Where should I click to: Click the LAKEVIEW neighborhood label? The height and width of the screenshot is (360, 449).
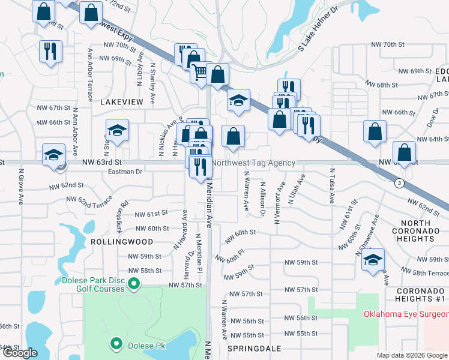tap(122, 103)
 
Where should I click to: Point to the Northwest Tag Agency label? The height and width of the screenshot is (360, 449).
tap(254, 163)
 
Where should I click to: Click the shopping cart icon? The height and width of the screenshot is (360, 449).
tap(199, 73)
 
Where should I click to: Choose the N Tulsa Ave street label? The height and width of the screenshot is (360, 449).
tap(331, 187)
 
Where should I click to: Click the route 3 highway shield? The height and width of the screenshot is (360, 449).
tap(399, 184)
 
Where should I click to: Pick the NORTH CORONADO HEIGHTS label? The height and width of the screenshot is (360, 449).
tap(420, 231)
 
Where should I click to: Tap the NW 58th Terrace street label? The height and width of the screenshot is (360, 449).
tap(421, 272)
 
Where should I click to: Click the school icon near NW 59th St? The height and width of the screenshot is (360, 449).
tap(373, 259)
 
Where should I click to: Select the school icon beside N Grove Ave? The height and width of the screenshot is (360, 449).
tap(53, 155)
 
